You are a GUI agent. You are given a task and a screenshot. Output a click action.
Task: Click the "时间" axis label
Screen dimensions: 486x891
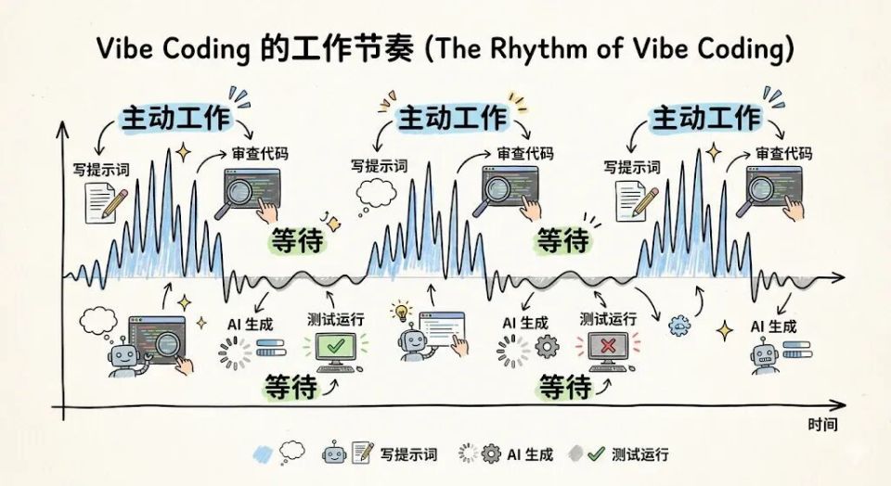[822, 425]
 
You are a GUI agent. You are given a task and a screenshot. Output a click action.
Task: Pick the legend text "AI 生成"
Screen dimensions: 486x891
[530, 454]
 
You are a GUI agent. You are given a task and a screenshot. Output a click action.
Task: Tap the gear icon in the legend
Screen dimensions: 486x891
[491, 454]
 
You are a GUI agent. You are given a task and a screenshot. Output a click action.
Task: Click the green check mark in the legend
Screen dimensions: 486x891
[597, 454]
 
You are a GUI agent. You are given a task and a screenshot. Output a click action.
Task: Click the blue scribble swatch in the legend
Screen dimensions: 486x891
[265, 454]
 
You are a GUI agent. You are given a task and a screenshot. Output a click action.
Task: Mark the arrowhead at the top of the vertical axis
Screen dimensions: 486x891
[63, 126]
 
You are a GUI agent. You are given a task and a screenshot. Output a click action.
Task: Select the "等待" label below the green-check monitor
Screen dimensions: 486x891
[291, 385]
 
